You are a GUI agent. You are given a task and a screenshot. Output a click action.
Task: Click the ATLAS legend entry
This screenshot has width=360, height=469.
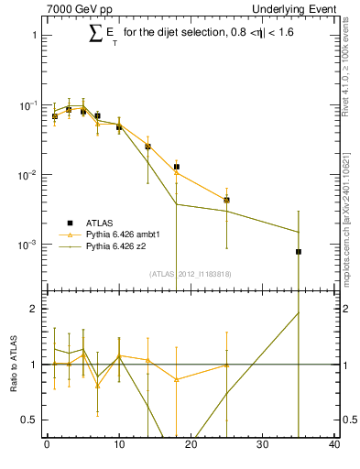pos(100,223)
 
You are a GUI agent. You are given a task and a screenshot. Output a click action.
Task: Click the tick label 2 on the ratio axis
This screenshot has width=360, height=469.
pos(32,310)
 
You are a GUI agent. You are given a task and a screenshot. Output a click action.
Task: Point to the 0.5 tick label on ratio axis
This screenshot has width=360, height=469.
pos(28,420)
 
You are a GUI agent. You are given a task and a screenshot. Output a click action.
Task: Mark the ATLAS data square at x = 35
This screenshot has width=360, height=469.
pos(299,252)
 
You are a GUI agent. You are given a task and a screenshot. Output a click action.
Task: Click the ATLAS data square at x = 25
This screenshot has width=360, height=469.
pos(226,200)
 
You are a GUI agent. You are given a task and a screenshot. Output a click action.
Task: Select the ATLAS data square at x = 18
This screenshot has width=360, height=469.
pos(176,167)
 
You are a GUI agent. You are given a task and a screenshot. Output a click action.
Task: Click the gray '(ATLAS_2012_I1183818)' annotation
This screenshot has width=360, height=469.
pos(191,274)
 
